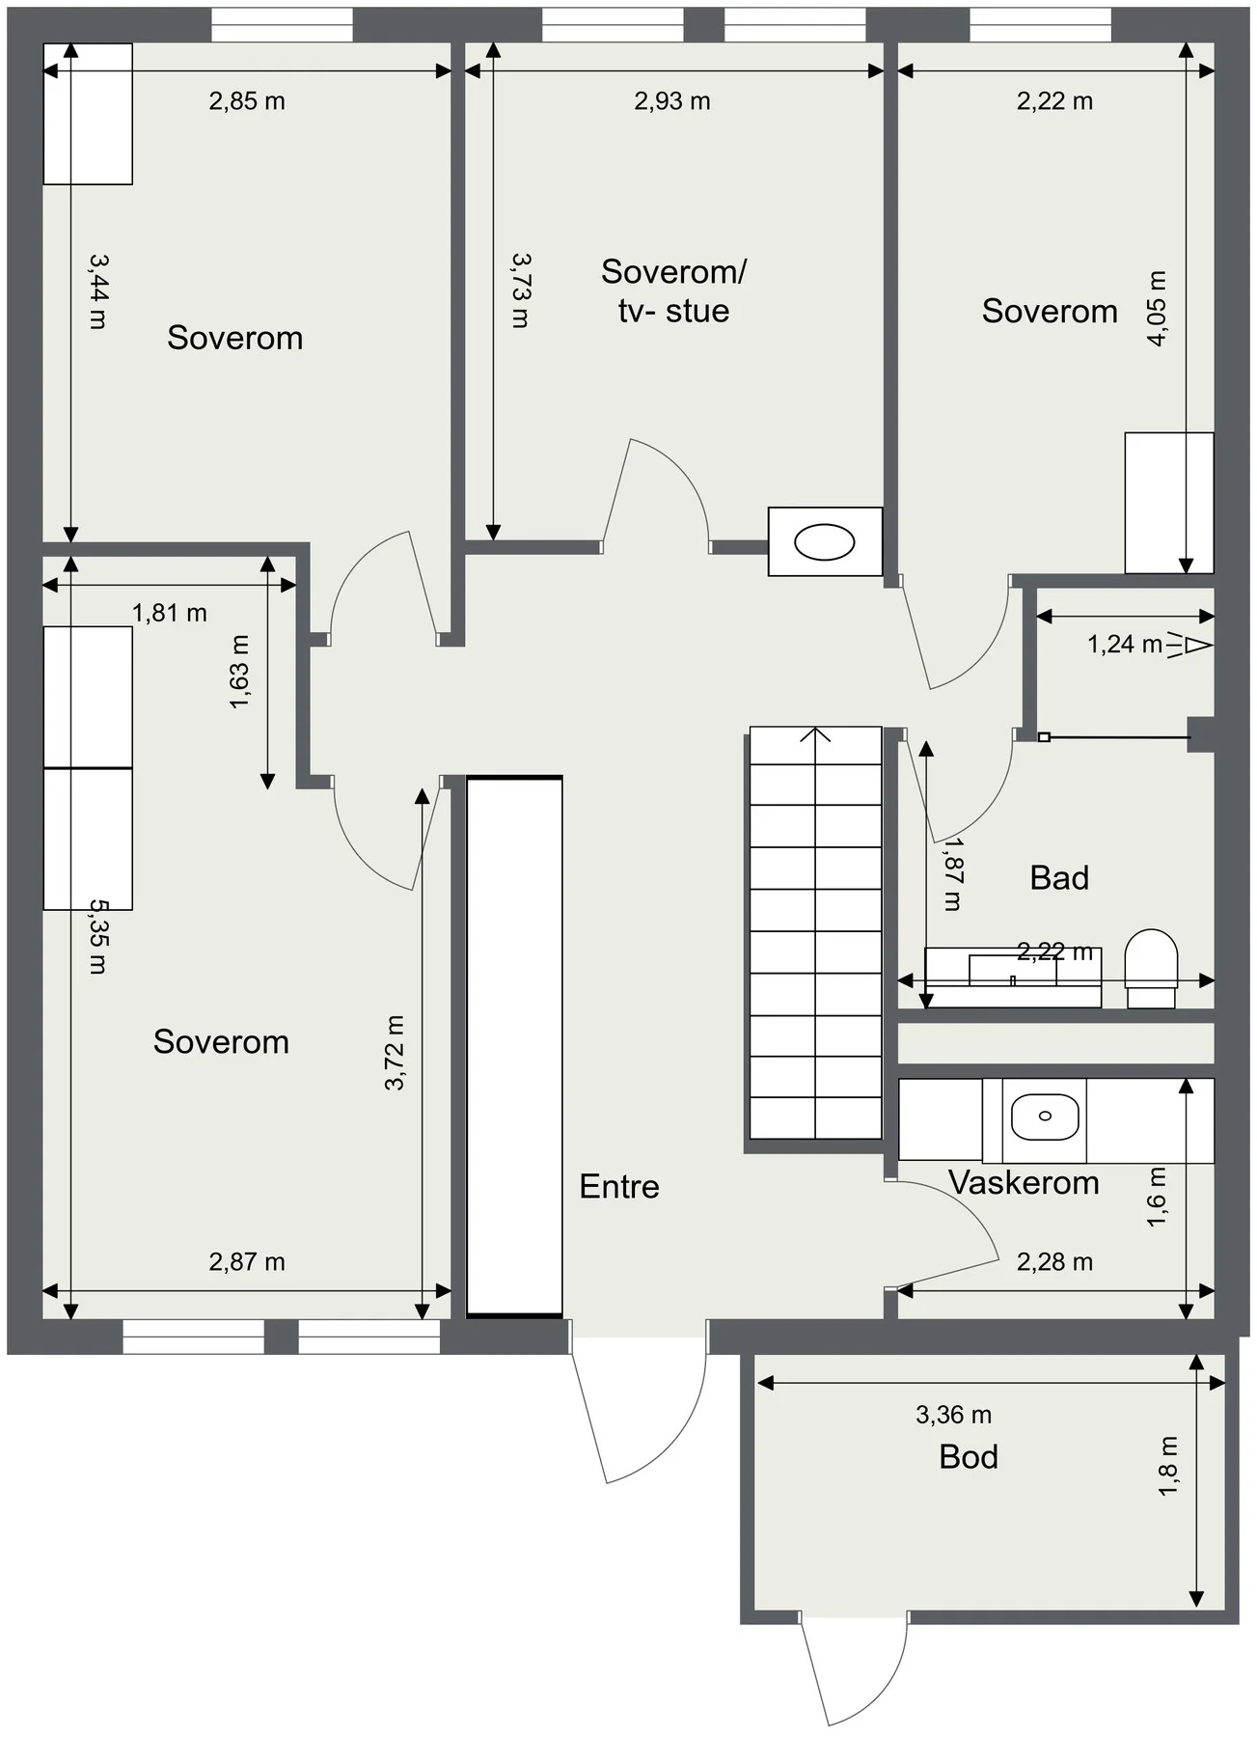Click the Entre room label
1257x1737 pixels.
619,1186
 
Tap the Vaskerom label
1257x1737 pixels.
1024,1182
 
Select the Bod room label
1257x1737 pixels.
969,1456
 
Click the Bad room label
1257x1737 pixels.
1059,877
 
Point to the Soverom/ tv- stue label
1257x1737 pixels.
673,290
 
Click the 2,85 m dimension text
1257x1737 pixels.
247,101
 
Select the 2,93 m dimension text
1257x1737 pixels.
672,101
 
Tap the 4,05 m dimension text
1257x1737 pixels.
1157,308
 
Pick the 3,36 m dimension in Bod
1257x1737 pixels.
953,1415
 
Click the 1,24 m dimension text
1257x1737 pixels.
1125,644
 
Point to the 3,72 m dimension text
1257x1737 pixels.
395,1053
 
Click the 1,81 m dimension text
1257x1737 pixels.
170,613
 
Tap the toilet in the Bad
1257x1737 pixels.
1152,969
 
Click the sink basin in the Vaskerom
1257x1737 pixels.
1045,1117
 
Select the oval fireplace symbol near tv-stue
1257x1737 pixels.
824,542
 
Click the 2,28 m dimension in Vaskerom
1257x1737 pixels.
1054,1261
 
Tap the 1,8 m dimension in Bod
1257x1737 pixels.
1168,1467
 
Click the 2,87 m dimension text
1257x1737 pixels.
247,1261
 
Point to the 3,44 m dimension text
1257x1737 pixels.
97,291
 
